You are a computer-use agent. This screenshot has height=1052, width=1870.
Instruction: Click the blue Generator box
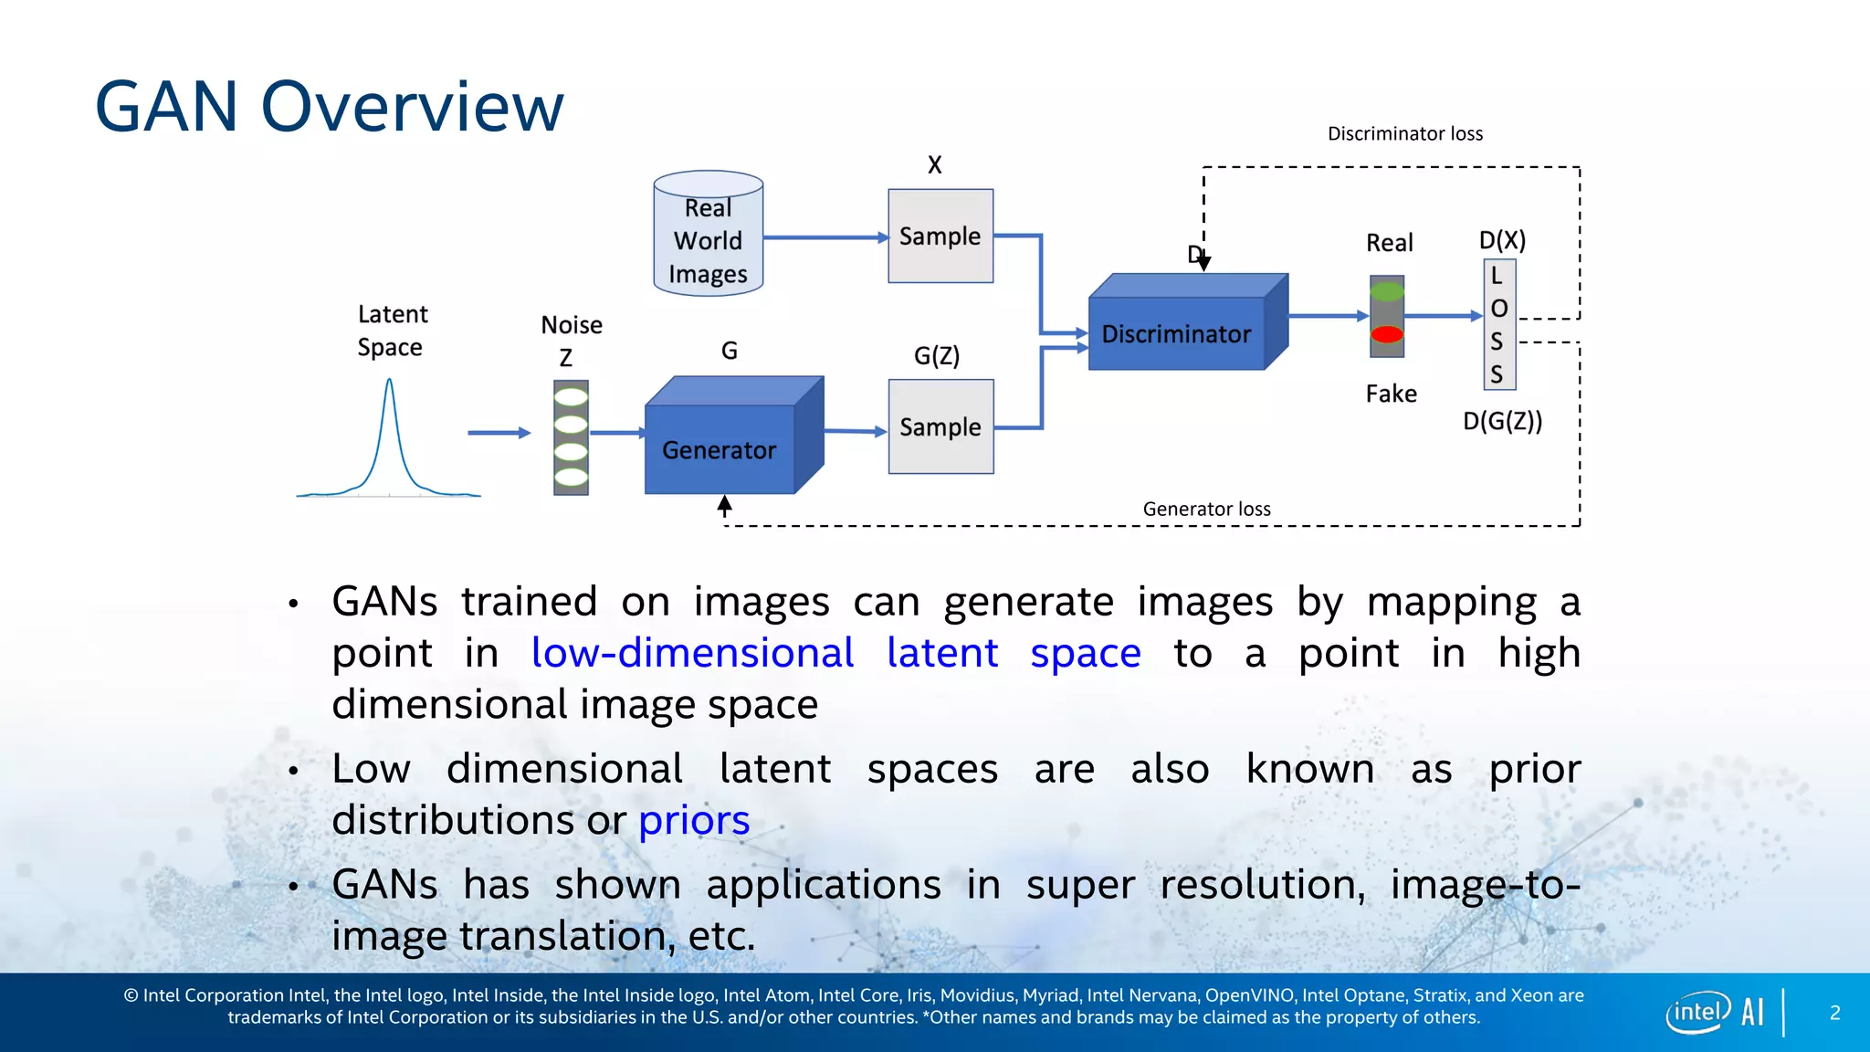720,448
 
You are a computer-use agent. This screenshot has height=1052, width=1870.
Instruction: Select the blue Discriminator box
1177,333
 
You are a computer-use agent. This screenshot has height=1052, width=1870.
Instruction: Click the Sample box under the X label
940,237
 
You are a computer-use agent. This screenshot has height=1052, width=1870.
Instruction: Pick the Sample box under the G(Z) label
940,426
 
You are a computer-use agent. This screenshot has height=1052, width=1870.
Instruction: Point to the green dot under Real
1387,292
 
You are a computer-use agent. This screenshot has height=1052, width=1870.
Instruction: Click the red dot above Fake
1387,334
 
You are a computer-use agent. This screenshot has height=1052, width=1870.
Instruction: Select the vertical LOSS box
1498,324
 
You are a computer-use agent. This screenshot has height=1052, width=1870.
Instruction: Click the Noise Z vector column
571,437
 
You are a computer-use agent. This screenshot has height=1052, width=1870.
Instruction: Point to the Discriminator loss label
1404,134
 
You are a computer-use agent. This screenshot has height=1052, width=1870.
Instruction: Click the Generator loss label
1206,510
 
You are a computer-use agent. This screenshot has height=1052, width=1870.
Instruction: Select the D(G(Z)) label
1502,421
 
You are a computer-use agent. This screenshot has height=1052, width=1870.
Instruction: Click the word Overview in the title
413,107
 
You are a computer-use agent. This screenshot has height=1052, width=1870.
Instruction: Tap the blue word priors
694,820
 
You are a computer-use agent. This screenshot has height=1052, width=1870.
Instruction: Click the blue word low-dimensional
692,653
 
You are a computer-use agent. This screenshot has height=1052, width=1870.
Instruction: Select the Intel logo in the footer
1698,1012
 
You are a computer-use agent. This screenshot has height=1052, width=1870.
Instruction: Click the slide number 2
1834,1013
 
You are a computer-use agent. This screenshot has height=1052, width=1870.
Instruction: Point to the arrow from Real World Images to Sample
825,237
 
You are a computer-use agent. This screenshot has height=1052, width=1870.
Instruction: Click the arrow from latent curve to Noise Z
499,433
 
